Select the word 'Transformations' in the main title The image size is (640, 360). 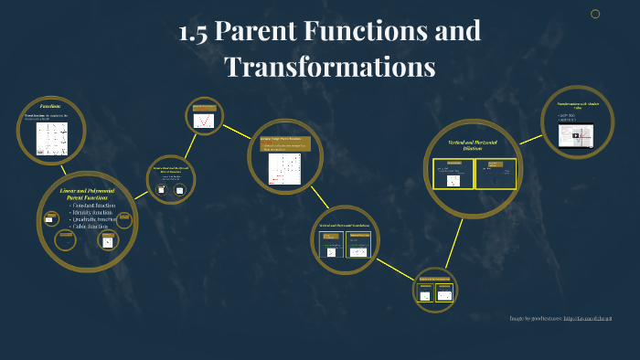pyautogui.click(x=329, y=67)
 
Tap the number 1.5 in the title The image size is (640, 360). pyautogui.click(x=195, y=32)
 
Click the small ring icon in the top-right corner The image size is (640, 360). pyautogui.click(x=595, y=14)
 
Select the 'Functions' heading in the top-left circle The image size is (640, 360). pyautogui.click(x=50, y=107)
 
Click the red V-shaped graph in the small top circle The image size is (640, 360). pyautogui.click(x=205, y=119)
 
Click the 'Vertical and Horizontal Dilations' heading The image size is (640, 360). pyautogui.click(x=473, y=145)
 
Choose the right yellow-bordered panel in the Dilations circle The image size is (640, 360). pyautogui.click(x=495, y=174)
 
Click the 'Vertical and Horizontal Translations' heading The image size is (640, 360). pyautogui.click(x=345, y=225)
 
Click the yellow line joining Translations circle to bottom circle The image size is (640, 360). pyautogui.click(x=394, y=269)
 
